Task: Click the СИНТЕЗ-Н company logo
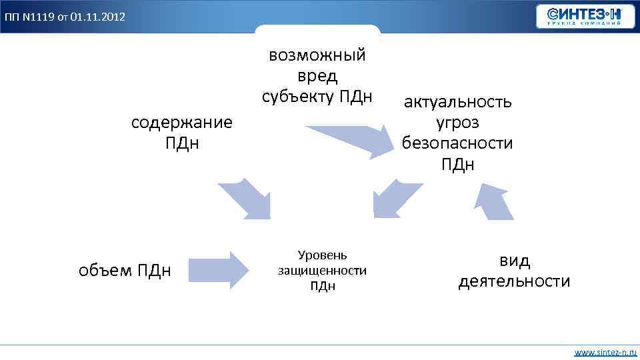[x=586, y=16]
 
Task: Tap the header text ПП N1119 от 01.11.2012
[x=64, y=16]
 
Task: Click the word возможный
[x=317, y=55]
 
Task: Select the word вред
[x=317, y=76]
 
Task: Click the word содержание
[x=182, y=123]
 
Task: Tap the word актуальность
[x=458, y=102]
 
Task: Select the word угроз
[x=457, y=123]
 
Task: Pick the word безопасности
[x=457, y=143]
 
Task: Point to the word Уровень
[x=322, y=255]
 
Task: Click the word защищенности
[x=322, y=270]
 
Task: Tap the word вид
[x=515, y=261]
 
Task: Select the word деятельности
[x=514, y=281]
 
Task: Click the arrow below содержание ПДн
[x=246, y=197]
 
